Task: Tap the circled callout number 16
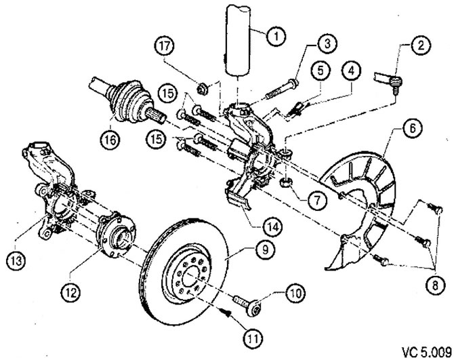pyautogui.click(x=111, y=140)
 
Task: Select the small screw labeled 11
pyautogui.click(x=227, y=313)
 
